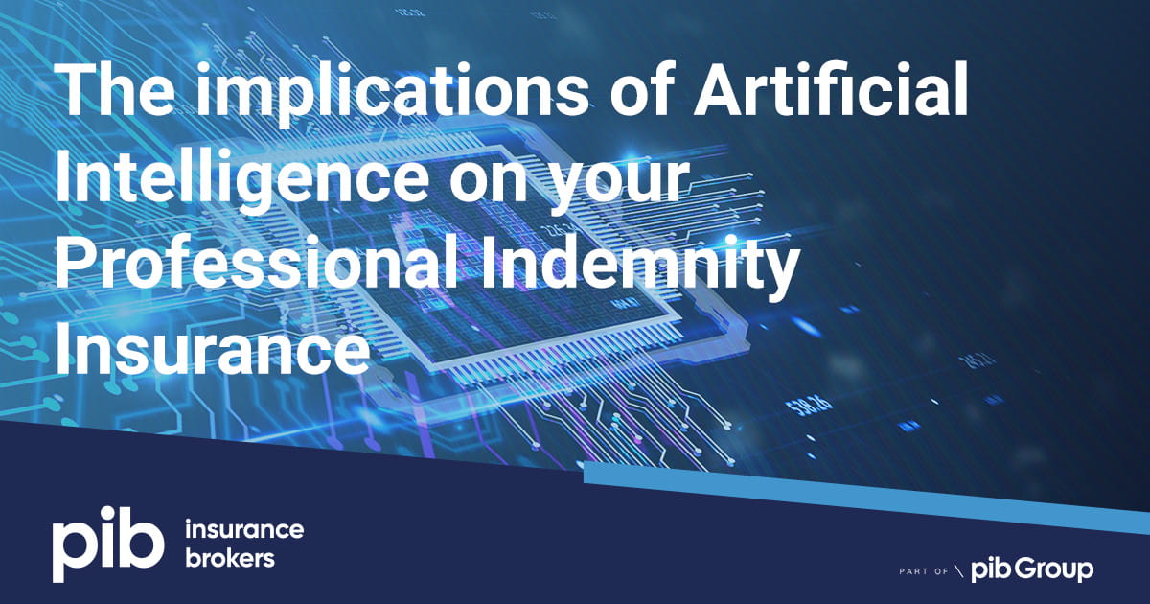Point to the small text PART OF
pos(924,571)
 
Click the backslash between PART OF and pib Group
pos(959,571)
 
